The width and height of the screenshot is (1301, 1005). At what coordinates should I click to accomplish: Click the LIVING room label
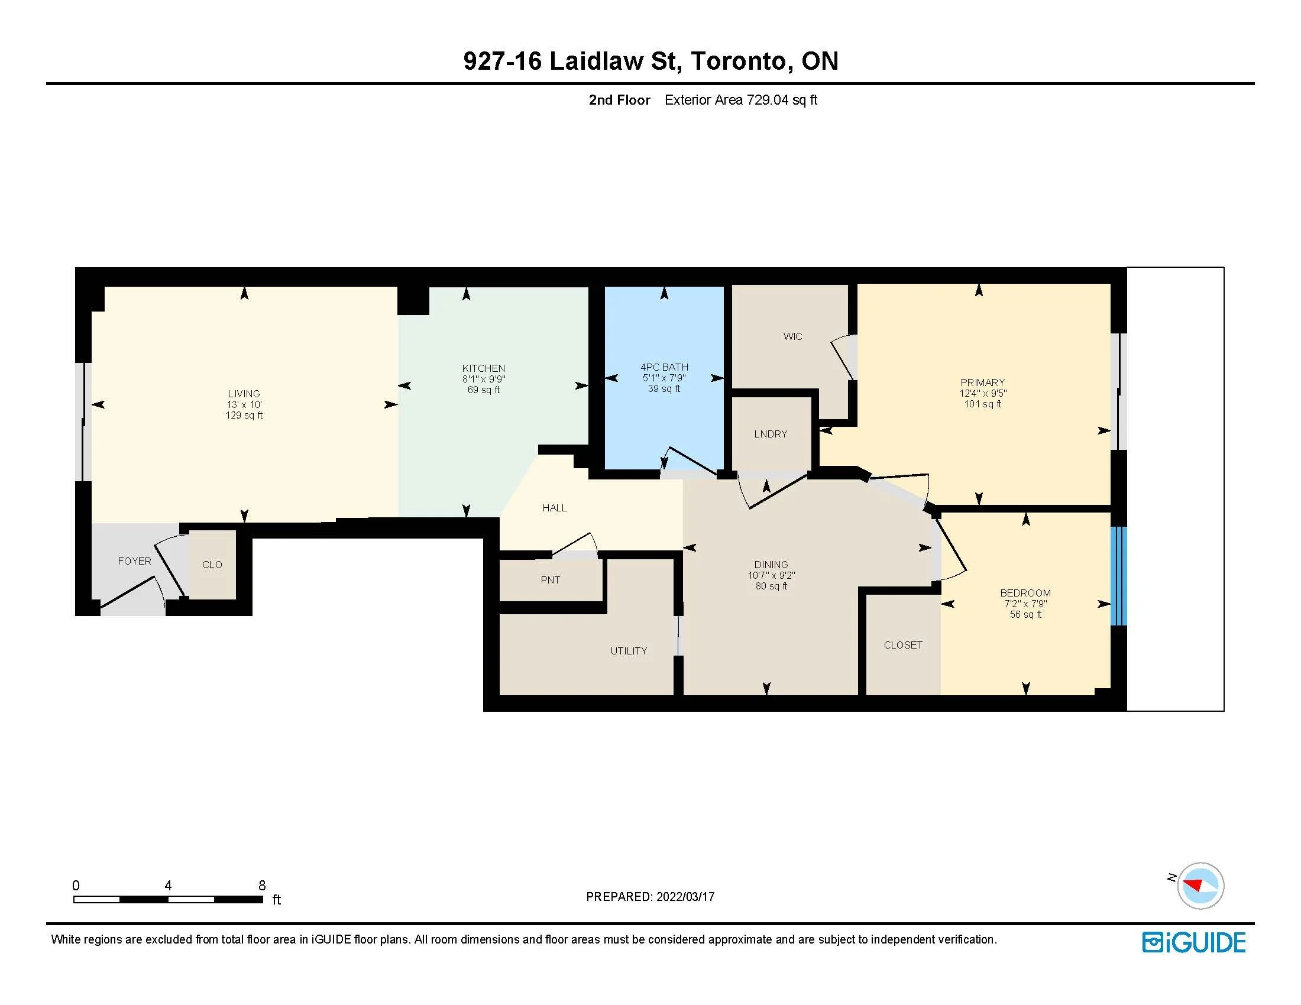tap(244, 394)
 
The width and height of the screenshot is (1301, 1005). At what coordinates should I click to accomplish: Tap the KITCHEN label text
tap(483, 368)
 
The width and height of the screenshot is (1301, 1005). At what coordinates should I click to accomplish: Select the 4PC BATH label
tap(664, 367)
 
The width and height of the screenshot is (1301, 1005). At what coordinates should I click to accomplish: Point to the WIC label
tap(792, 336)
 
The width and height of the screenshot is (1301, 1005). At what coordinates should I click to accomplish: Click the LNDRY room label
tap(770, 434)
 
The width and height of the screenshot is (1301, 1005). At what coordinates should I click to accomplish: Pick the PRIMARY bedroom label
tap(982, 382)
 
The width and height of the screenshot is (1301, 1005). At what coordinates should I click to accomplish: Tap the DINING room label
tap(771, 565)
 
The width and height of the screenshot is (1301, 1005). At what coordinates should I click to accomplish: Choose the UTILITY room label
tap(629, 651)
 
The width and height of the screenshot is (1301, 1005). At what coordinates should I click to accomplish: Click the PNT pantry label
tap(550, 580)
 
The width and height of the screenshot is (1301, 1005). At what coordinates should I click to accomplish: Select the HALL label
tap(554, 508)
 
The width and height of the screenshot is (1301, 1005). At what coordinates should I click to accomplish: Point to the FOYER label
tap(134, 561)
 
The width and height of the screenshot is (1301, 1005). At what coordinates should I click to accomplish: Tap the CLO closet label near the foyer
tap(212, 565)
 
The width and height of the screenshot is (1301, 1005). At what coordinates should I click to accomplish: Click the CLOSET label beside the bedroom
tap(903, 645)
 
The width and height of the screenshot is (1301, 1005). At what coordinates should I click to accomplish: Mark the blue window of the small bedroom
tap(1119, 576)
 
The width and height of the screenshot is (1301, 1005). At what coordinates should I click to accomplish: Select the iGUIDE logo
tap(1194, 942)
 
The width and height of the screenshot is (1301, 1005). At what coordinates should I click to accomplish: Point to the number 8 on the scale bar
tap(261, 886)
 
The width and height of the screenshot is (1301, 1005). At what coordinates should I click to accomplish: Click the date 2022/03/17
tap(685, 897)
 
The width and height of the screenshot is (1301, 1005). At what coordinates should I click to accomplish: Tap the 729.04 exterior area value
tap(767, 100)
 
